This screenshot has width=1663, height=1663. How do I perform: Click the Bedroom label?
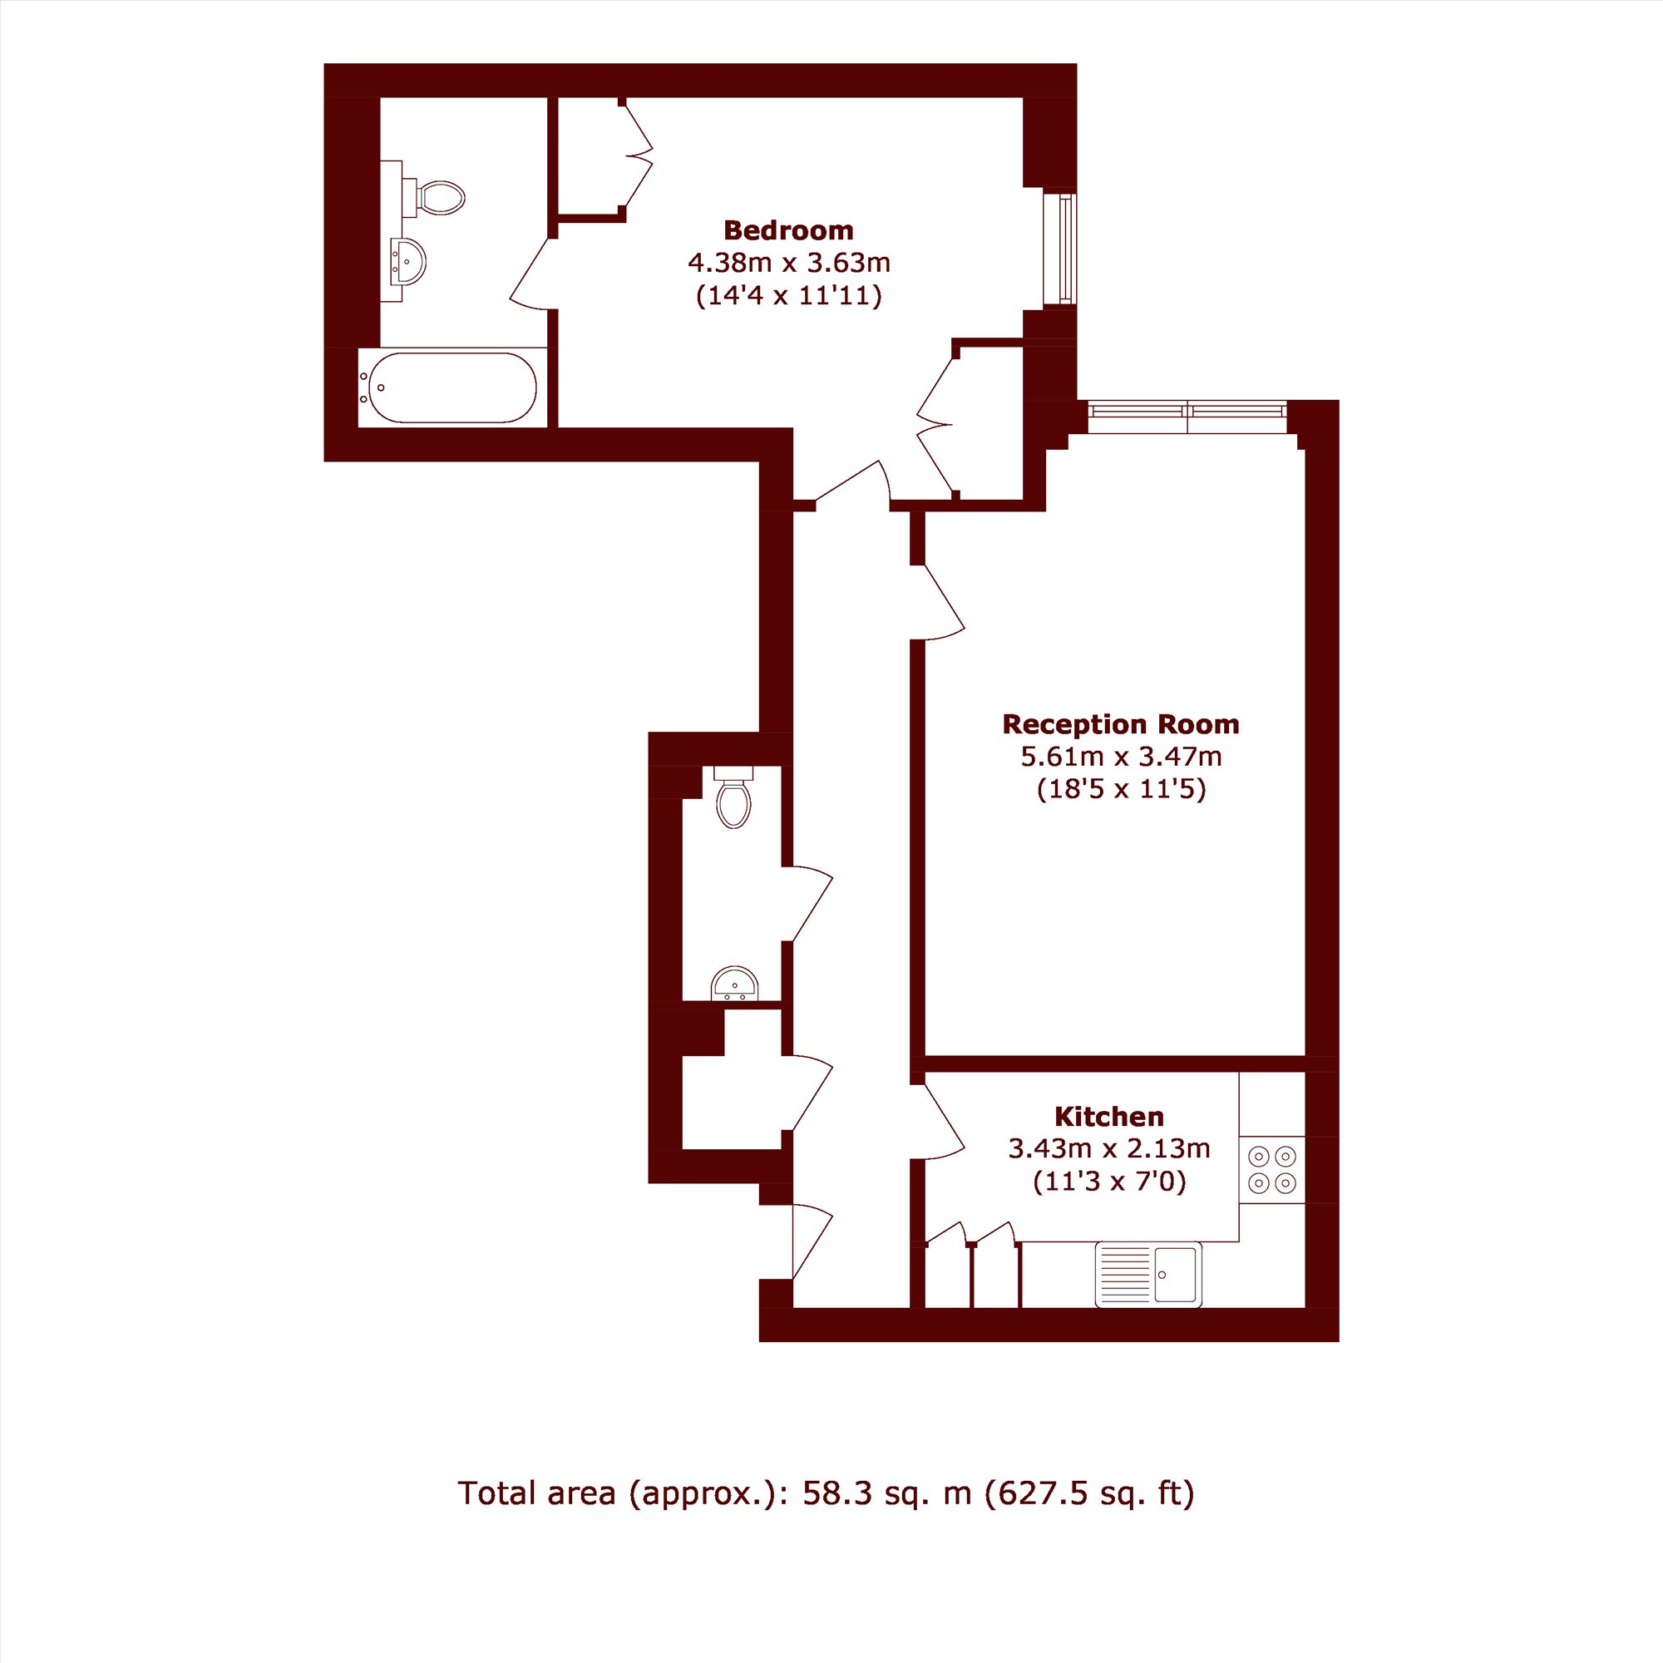[x=788, y=229]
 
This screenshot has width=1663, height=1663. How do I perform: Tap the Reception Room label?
[x=1121, y=725]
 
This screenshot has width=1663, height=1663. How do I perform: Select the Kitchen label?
[x=1108, y=1117]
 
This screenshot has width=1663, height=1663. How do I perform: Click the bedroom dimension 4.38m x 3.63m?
[x=788, y=262]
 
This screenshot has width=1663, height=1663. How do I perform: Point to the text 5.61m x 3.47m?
[x=1121, y=757]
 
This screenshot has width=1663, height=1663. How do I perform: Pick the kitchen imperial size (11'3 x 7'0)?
[x=1108, y=1181]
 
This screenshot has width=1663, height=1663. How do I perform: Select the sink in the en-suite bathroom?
[x=407, y=261]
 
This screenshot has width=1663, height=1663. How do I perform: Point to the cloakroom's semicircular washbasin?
[x=734, y=983]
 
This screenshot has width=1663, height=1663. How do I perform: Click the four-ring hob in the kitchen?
[x=1272, y=1170]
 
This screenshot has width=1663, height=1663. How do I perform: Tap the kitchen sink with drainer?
[x=1148, y=1274]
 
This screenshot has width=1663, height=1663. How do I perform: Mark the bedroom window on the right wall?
[x=1067, y=248]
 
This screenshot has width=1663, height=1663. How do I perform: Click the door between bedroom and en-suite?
[x=532, y=273]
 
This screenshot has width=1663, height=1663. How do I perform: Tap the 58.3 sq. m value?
[x=886, y=1493]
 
